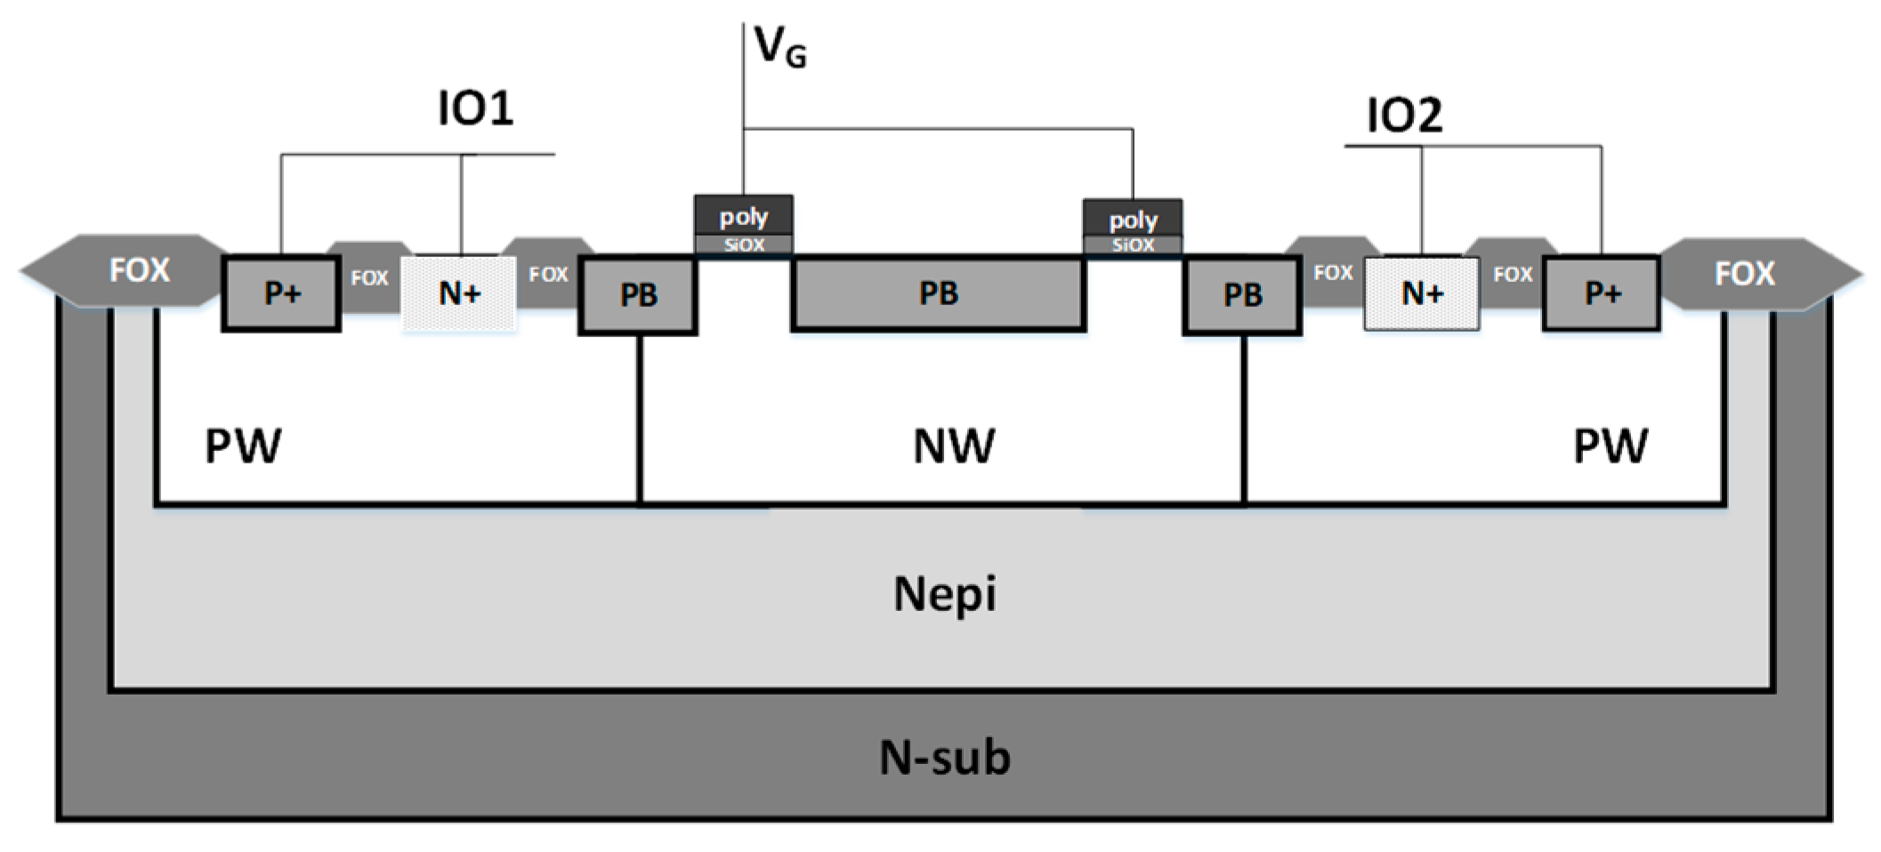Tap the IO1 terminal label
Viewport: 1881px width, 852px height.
click(x=475, y=109)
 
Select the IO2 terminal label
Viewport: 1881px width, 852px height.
click(x=1403, y=116)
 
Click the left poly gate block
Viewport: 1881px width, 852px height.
click(x=743, y=216)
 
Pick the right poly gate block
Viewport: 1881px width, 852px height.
click(x=1133, y=219)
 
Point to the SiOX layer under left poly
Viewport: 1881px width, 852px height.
click(x=743, y=245)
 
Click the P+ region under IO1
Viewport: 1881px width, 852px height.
click(x=281, y=293)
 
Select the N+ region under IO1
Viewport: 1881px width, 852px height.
click(x=459, y=293)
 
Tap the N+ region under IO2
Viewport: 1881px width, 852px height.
click(x=1422, y=293)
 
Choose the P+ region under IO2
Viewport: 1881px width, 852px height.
click(x=1602, y=293)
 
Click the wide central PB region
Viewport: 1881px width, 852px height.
click(x=938, y=293)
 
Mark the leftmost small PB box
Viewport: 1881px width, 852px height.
click(x=637, y=295)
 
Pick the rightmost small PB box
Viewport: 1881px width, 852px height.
click(x=1242, y=295)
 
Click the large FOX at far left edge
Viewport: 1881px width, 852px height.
click(x=138, y=270)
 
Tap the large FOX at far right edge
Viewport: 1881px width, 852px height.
click(x=1744, y=273)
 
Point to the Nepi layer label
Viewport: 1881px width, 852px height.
click(x=944, y=594)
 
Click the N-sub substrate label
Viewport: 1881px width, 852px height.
click(x=944, y=758)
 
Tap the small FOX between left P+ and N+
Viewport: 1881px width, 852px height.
click(x=369, y=278)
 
